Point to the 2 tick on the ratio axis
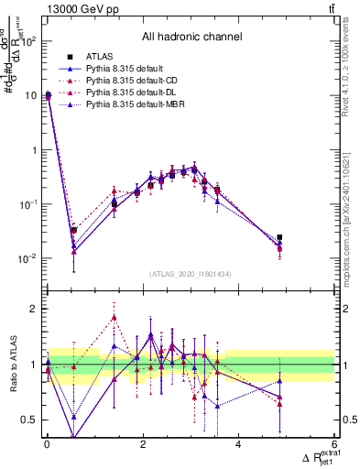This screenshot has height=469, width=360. [35, 309]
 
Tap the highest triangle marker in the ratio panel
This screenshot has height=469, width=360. [114, 317]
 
